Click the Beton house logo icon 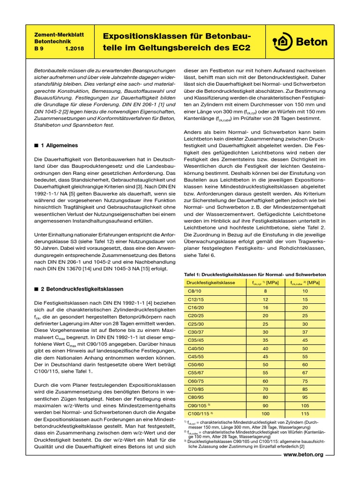coord(282,41)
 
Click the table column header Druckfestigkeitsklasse coord(210,283)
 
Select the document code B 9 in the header coord(40,48)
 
